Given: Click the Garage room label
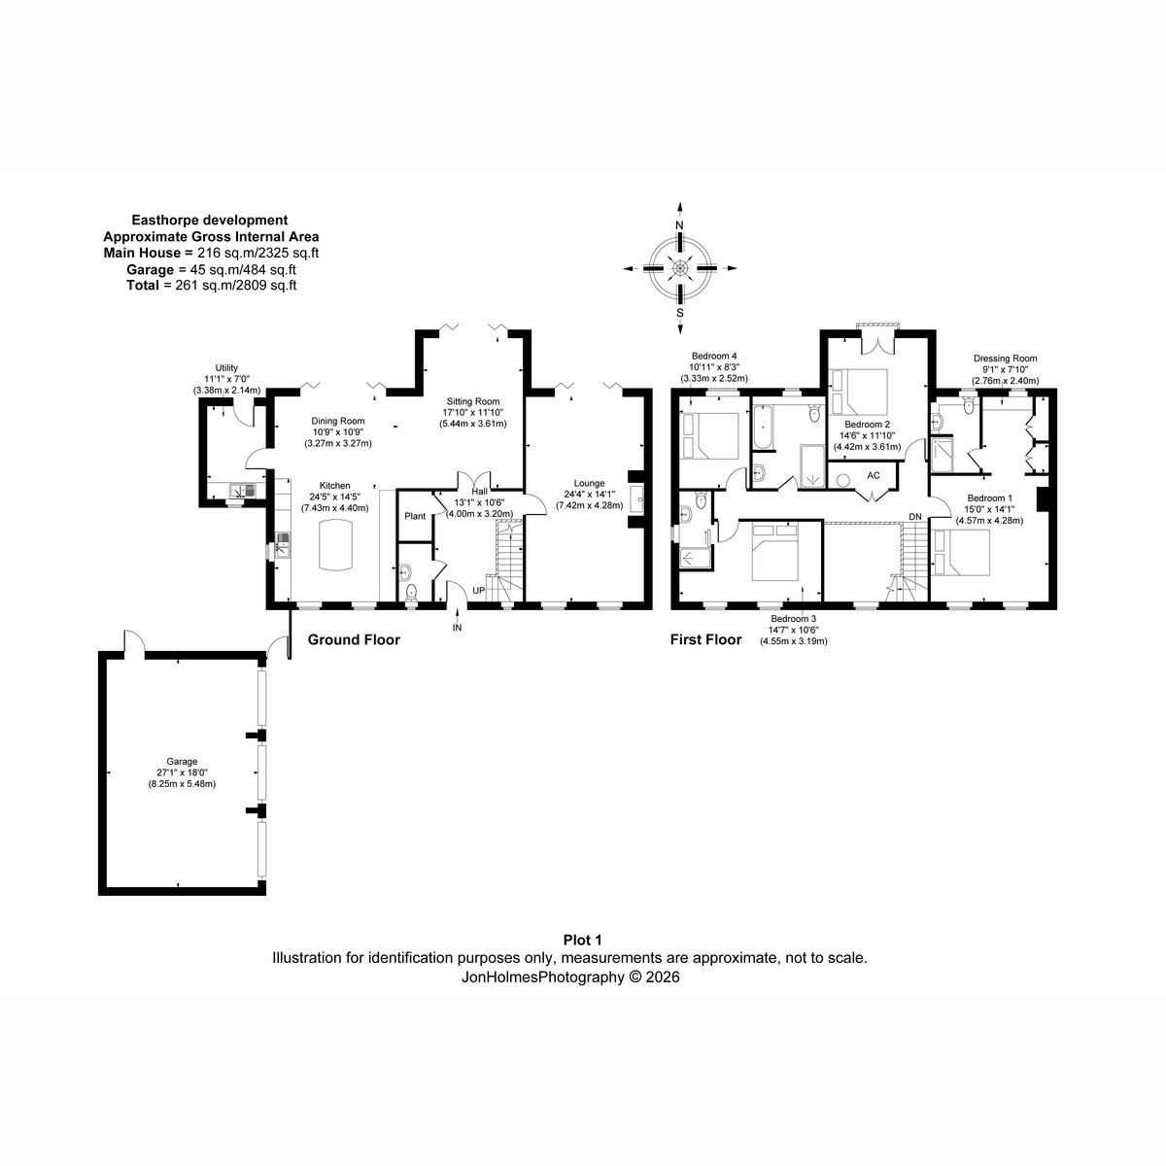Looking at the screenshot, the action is (x=182, y=762).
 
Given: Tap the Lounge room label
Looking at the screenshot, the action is (x=589, y=484).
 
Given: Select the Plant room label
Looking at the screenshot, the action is (x=415, y=516).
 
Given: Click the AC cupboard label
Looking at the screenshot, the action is (x=874, y=475).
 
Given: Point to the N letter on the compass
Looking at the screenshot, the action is (x=679, y=225).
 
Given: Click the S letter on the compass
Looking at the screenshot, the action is (x=679, y=313).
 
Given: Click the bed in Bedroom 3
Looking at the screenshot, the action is (x=775, y=553).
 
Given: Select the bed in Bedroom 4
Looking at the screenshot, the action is (x=710, y=435).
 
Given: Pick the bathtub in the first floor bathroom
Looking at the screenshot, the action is (x=763, y=428).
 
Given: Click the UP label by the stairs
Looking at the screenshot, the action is (x=479, y=591).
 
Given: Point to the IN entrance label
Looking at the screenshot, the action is (x=457, y=628).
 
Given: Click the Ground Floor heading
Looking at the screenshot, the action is (x=354, y=639).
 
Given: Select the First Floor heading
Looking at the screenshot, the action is (x=705, y=639).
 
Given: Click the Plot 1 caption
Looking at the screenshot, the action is (x=583, y=940).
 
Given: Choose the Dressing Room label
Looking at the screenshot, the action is (x=1005, y=359).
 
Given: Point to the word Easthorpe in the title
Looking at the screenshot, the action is (x=160, y=221).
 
